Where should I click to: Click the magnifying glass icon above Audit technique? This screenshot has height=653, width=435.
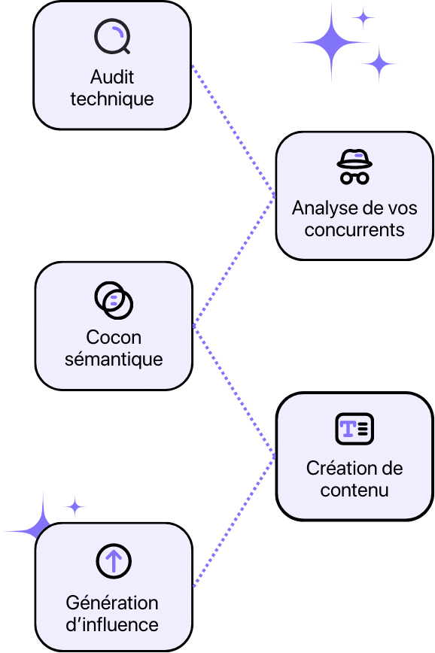point(112,36)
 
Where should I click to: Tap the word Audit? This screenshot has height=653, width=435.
point(112,77)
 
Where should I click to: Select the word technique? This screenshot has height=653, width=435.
point(112,99)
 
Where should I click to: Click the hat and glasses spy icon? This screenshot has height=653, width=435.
point(354,167)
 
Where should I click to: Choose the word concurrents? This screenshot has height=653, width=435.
point(354,229)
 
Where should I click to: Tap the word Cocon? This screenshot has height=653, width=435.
point(114,338)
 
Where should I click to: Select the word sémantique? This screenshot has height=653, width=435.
point(114,359)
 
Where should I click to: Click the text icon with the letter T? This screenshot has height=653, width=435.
point(354,429)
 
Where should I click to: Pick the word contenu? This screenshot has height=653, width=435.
point(354,491)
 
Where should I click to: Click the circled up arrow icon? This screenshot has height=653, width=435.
point(114,560)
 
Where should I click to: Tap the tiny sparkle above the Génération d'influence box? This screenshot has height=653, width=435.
point(75,506)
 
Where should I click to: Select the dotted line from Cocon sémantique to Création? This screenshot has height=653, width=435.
point(233,391)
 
